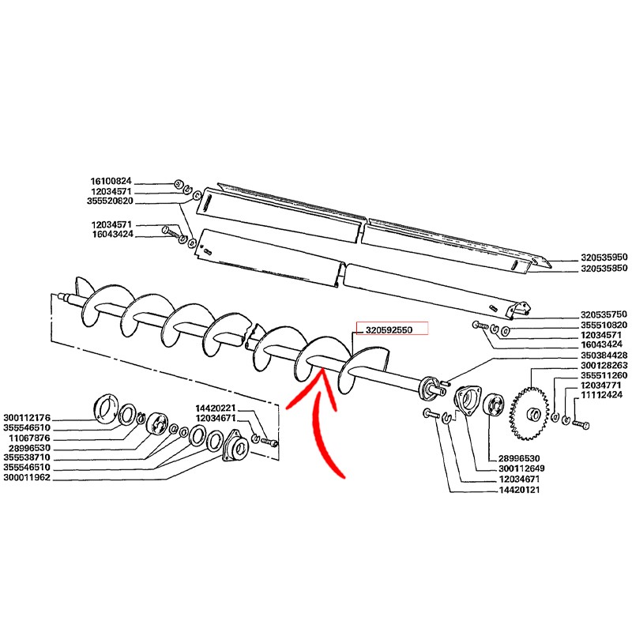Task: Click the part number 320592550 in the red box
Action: tap(389, 330)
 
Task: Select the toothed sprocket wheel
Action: tap(529, 413)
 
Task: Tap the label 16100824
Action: tap(111, 182)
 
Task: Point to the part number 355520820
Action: tap(110, 201)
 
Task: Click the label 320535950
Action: tap(604, 258)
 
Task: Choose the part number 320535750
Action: tap(604, 314)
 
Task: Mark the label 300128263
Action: tap(604, 365)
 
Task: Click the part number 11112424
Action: tap(602, 394)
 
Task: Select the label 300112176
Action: tap(27, 418)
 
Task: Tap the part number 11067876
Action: tap(30, 438)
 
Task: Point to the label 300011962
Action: tap(27, 478)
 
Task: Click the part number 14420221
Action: tap(216, 408)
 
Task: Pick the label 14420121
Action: tap(519, 490)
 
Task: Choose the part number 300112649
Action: tap(521, 468)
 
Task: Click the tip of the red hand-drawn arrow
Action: tap(322, 369)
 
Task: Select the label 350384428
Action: tap(604, 355)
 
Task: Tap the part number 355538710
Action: tap(27, 457)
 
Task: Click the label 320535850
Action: tap(604, 268)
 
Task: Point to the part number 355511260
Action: tap(604, 375)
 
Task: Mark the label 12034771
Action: tap(600, 385)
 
